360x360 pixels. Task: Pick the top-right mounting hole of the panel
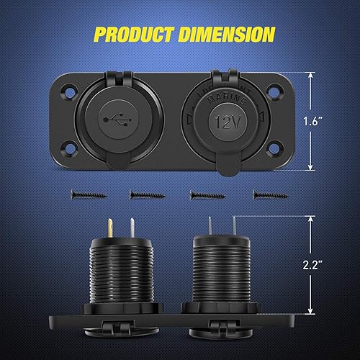[275, 91]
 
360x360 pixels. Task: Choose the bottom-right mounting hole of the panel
[275, 150]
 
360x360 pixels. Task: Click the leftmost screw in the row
[86, 193]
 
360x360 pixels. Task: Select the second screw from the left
[145, 193]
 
